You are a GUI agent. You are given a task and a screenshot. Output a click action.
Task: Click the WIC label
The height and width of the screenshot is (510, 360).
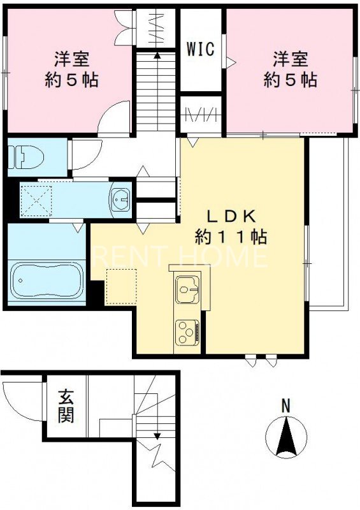click(x=199, y=48)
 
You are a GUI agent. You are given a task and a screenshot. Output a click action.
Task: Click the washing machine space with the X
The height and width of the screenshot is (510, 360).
click(x=36, y=201)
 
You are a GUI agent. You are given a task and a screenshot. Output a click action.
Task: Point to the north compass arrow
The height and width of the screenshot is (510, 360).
click(x=286, y=436)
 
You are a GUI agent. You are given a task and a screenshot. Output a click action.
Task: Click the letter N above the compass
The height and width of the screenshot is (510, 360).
click(x=286, y=405)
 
